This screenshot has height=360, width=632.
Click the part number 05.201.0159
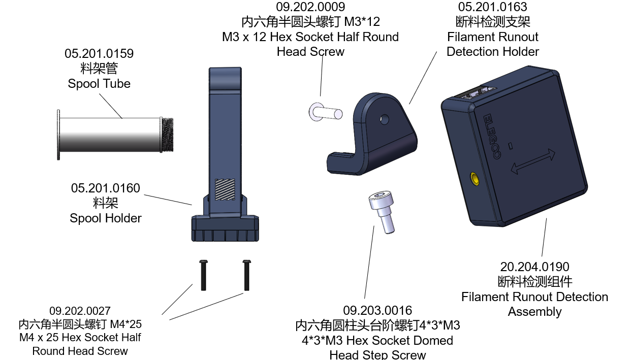[99, 53]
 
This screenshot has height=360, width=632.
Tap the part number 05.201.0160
[106, 188]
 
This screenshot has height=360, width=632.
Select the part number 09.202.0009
[310, 7]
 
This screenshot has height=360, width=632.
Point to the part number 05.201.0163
[493, 7]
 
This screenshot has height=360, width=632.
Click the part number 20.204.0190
[534, 267]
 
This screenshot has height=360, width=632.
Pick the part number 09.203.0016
[377, 310]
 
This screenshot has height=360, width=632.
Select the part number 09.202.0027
[80, 311]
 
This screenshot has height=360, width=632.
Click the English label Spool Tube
[99, 84]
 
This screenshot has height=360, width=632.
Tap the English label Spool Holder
[106, 218]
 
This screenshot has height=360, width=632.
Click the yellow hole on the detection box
[475, 179]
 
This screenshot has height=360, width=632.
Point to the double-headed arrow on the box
[533, 161]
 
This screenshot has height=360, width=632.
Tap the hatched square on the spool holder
[225, 189]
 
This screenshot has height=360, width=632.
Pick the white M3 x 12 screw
[326, 111]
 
